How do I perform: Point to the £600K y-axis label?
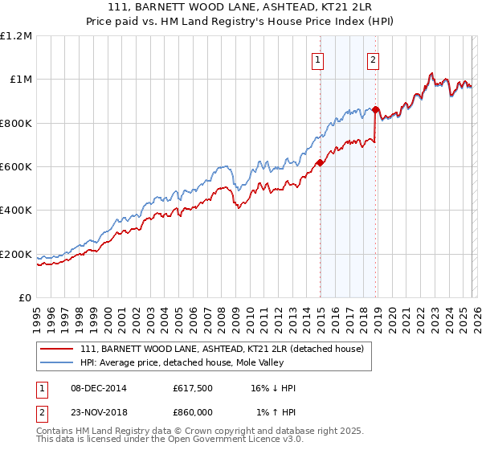click(16, 167)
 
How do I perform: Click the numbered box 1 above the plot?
click(318, 59)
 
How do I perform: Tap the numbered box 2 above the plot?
click(374, 59)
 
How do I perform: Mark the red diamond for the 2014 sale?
click(320, 162)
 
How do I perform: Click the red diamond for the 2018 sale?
click(375, 110)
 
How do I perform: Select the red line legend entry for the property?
click(222, 349)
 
